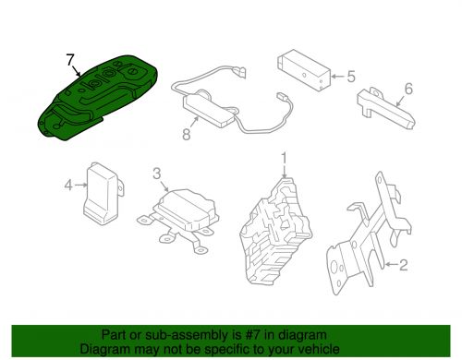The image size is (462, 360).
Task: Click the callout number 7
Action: (70, 59)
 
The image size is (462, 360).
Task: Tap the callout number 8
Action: (187, 135)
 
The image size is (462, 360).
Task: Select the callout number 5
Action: (351, 77)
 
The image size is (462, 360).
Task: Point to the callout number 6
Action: (408, 89)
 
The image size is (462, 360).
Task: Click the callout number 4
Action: (68, 185)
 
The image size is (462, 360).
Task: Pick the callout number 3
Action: (157, 174)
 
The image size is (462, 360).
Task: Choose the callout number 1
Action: (284, 158)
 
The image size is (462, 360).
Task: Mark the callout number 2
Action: (404, 265)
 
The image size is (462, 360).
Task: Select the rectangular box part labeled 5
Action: (304, 69)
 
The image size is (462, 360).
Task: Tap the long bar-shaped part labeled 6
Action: (386, 108)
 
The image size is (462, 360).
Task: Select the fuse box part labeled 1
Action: (275, 231)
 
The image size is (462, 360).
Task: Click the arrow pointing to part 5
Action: (338, 77)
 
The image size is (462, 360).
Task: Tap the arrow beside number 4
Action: (81, 185)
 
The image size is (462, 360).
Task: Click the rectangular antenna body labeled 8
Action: (210, 111)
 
